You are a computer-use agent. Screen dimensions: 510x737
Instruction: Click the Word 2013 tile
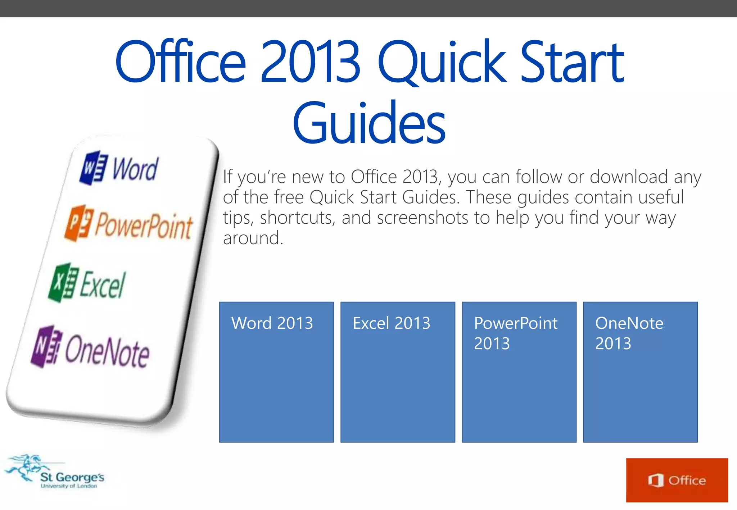(276, 372)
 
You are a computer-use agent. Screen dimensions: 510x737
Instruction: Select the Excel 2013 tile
(398, 372)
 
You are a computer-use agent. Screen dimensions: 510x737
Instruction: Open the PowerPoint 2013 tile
(519, 372)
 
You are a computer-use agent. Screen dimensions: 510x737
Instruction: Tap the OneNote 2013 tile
(640, 372)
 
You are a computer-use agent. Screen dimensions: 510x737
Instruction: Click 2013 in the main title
(310, 62)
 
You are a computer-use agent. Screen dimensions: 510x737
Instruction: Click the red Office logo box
(677, 480)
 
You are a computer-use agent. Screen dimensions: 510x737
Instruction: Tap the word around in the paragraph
(253, 238)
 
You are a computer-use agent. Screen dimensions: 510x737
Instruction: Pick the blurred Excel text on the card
(103, 285)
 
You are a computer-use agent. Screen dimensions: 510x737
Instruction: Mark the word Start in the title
(572, 62)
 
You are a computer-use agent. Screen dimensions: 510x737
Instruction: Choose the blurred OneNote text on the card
(107, 351)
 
